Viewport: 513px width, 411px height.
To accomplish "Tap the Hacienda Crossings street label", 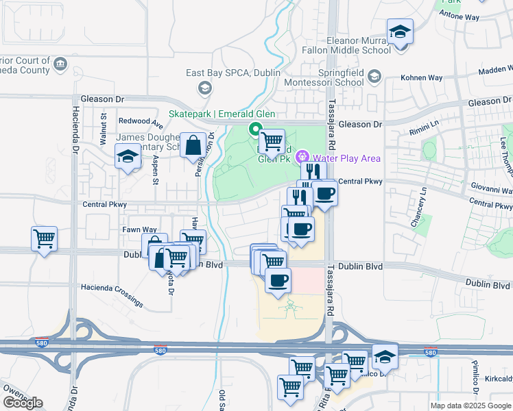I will click(112, 295).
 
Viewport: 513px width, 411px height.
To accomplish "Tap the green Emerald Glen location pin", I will click(254, 128).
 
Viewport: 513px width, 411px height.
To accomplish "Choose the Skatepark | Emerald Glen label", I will click(213, 114).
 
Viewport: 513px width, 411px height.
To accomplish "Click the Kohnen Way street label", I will click(426, 78).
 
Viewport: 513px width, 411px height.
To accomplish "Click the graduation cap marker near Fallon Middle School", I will click(399, 32).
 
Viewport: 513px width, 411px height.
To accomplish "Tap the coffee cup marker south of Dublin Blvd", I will click(278, 280).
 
